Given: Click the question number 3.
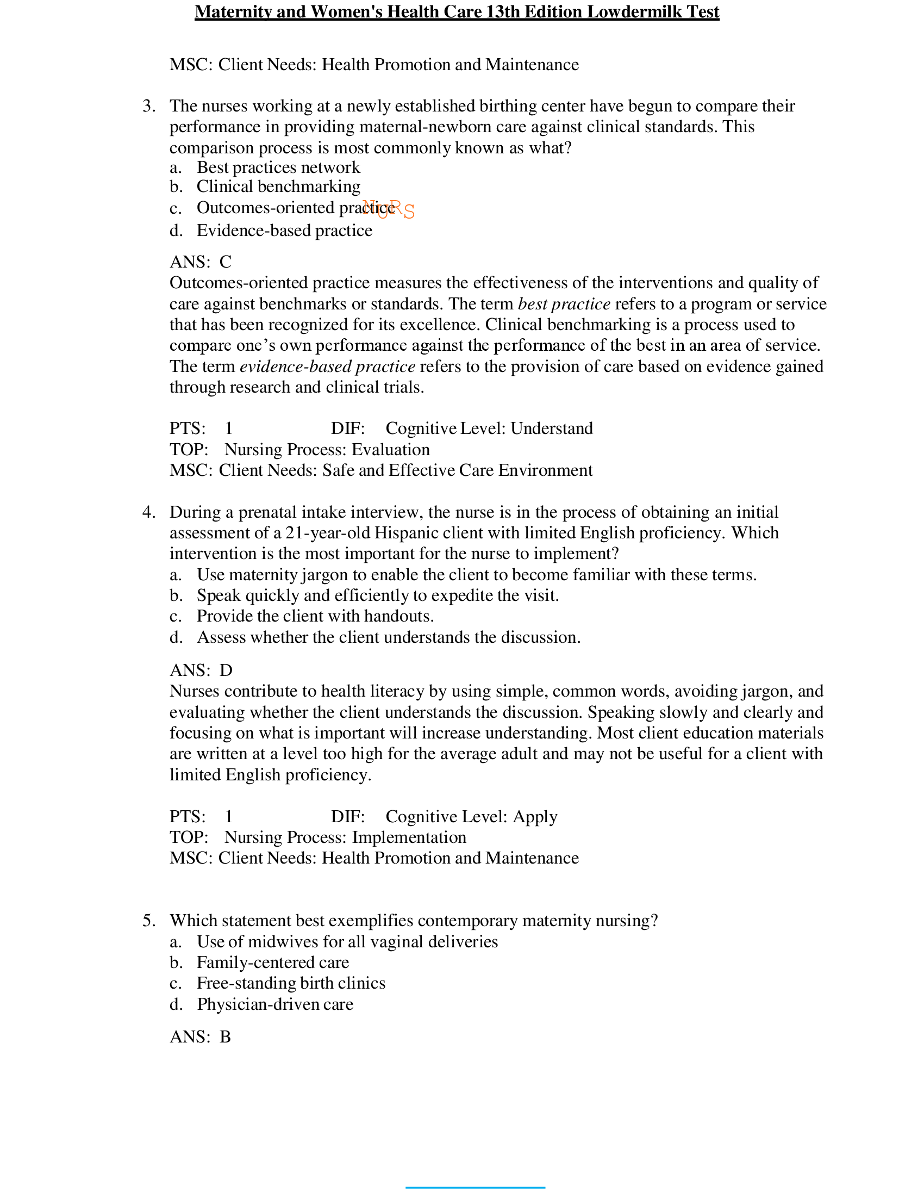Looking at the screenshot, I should [148, 106].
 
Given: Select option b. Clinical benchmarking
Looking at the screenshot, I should [278, 187].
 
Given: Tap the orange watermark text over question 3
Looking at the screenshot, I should [388, 209].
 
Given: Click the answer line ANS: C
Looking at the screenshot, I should [201, 262].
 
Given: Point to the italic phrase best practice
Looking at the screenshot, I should [564, 304].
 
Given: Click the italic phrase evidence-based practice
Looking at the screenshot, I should [327, 367].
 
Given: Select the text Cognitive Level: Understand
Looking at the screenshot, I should [489, 429].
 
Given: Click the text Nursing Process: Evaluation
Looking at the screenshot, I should [327, 450].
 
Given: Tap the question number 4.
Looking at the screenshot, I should [148, 512].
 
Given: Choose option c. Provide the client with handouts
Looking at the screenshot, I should [315, 616].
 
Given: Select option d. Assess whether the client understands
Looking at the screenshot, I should [388, 637].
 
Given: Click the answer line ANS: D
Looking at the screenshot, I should [201, 671].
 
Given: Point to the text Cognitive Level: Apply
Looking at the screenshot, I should [471, 817].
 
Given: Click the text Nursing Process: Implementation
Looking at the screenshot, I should [345, 837].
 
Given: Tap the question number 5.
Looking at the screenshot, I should [148, 921].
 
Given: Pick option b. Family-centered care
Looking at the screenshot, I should [272, 962].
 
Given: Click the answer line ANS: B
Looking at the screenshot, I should [201, 1036].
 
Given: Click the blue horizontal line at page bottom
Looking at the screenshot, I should [475, 1188].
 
